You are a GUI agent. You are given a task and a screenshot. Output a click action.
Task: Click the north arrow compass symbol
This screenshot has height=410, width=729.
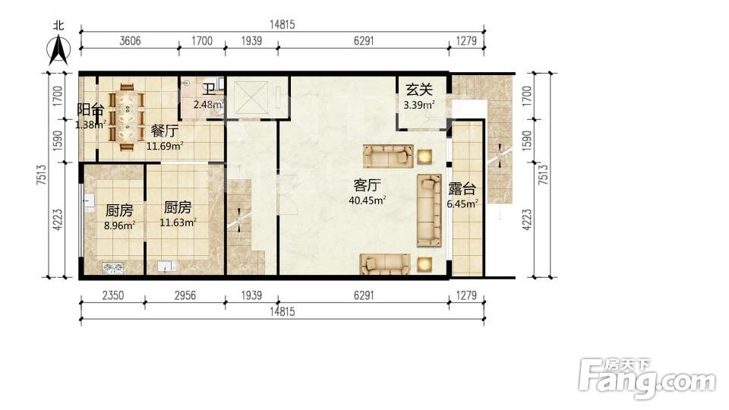[x=58, y=48]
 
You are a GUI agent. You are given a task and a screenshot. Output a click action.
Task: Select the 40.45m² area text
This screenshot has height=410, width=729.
[x=367, y=200]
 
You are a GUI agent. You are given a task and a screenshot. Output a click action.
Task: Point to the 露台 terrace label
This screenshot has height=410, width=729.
[x=462, y=188]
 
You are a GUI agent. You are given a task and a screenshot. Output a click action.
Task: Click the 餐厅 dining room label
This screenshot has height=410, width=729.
[x=165, y=131]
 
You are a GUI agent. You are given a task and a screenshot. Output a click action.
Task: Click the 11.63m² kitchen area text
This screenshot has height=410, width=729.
[x=178, y=222]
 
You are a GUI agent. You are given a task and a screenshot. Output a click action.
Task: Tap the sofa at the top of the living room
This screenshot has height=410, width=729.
[x=388, y=156]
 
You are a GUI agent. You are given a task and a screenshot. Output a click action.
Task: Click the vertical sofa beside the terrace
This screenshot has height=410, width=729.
[x=429, y=210]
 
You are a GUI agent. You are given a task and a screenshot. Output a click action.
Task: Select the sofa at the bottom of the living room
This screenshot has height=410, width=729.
[x=386, y=263]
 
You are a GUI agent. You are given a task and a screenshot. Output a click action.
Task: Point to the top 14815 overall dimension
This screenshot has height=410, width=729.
[x=282, y=25]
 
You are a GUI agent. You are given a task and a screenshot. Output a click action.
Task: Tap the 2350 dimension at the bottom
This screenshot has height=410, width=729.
[x=113, y=295]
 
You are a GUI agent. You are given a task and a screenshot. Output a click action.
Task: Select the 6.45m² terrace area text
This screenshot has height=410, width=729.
[x=462, y=203]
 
